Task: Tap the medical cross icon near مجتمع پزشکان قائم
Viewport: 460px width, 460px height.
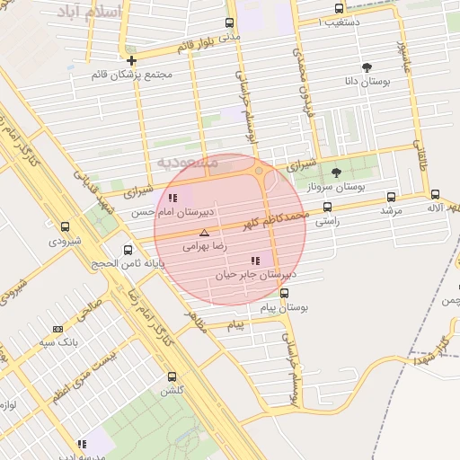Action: pyautogui.click(x=132, y=60)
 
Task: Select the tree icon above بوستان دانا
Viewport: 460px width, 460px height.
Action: pyautogui.click(x=367, y=67)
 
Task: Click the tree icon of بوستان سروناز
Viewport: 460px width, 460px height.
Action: pyautogui.click(x=337, y=172)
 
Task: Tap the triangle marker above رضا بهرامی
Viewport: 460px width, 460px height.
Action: pyautogui.click(x=203, y=233)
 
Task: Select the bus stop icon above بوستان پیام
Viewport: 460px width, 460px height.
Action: pyautogui.click(x=285, y=293)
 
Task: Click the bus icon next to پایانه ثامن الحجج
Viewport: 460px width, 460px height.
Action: pyautogui.click(x=128, y=251)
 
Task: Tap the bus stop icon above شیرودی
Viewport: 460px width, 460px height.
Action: pyautogui.click(x=65, y=227)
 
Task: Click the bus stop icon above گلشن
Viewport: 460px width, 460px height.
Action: pyautogui.click(x=172, y=377)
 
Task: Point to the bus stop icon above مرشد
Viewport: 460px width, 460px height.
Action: pyautogui.click(x=390, y=196)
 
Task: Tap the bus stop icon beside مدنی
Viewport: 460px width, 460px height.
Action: pyautogui.click(x=230, y=22)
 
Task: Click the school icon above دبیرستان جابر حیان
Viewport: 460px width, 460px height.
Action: pyautogui.click(x=256, y=261)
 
